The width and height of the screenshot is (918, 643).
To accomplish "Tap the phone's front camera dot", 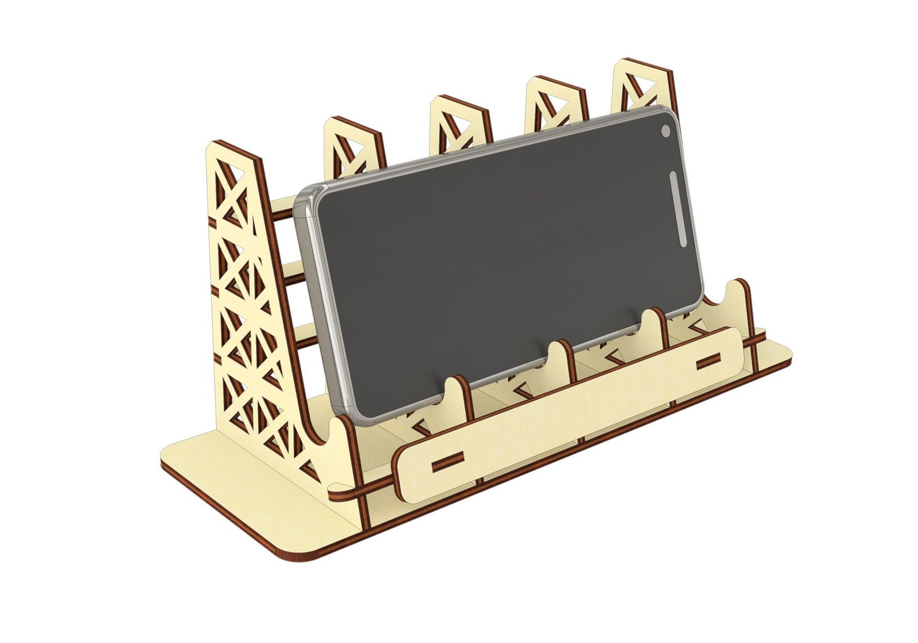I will tap(665, 132).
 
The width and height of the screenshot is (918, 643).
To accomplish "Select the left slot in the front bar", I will tap(447, 460).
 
